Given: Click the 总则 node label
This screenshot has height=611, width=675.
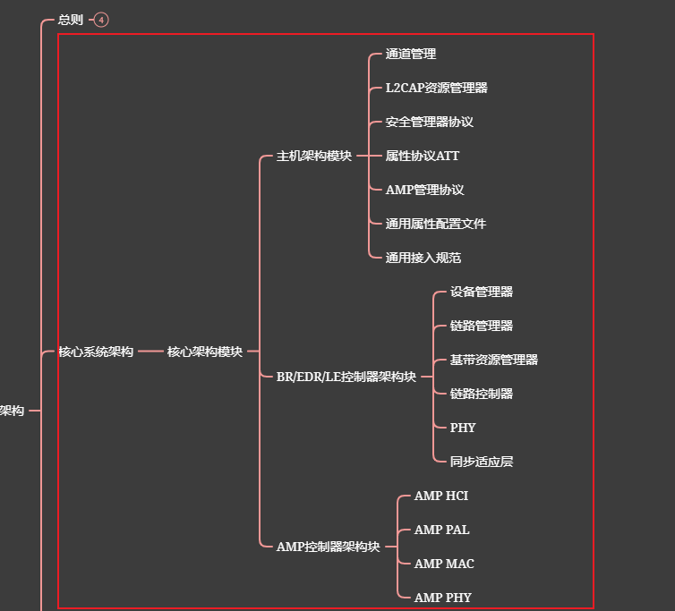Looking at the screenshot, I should pos(71,20).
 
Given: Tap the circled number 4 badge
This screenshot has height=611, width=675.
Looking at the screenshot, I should pos(101,20).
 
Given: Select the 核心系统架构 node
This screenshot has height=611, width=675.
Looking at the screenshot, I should pos(96,352).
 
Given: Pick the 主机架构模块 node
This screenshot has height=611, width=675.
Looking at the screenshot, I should pos(314,156).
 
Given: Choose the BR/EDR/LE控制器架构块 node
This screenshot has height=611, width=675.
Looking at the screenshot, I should pos(346,377).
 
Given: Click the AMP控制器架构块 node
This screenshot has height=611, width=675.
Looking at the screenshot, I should pos(329,547).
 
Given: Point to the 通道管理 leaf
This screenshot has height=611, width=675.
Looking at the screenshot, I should pos(411,54).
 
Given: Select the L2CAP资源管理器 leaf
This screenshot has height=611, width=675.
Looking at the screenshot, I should pos(437,88).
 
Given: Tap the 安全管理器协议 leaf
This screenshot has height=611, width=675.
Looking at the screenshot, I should pos(430,122).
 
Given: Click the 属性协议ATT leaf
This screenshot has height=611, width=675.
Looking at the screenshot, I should pos(423,156).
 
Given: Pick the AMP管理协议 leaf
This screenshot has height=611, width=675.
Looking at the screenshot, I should pos(425,190).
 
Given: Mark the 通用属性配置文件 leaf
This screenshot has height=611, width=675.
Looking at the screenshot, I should pos(436,224).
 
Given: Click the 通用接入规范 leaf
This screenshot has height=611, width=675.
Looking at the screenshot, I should pos(423,258).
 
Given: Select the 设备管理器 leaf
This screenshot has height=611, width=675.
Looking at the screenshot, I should pos(482,292).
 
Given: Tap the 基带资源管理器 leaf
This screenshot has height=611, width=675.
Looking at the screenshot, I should pos(494,360).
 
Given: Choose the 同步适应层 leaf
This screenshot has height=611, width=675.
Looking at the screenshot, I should pos(482,462).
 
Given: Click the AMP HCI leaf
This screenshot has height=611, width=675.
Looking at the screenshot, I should pos(441,496).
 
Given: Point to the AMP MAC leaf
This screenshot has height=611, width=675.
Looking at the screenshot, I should pos(444,564).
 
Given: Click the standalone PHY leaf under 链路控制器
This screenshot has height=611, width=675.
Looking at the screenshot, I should pos(463,428).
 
